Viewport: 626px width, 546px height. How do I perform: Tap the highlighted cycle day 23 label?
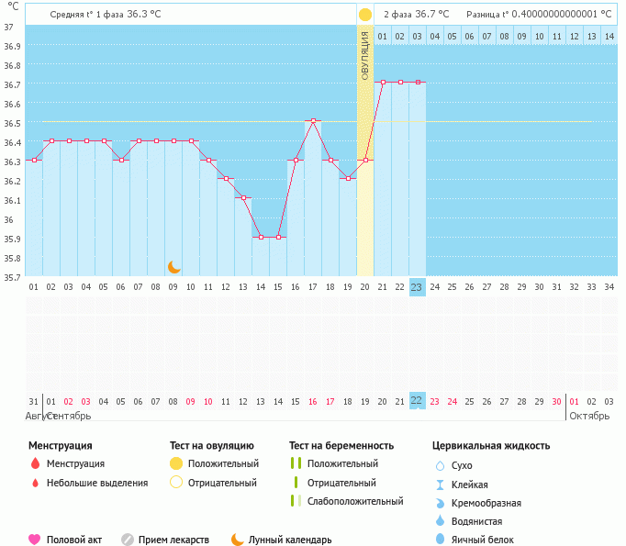tap(417, 287)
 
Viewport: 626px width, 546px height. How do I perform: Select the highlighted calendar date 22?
tap(417, 401)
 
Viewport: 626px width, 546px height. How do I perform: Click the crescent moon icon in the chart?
tap(174, 267)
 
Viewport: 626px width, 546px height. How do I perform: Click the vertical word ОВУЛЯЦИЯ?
tap(364, 55)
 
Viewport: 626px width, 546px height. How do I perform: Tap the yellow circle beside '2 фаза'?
tap(365, 15)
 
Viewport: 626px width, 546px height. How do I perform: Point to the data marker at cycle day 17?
tap(313, 121)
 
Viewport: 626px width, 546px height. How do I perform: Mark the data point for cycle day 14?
tap(261, 237)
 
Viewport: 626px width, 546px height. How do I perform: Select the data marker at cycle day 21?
tap(383, 83)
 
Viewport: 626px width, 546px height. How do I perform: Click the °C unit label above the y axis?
tap(13, 6)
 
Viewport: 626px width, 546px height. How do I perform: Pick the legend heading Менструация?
tap(60, 446)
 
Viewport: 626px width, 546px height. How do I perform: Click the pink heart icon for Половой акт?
tap(35, 540)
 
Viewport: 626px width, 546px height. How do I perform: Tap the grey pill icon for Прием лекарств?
tap(128, 540)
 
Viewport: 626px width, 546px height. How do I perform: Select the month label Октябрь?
tap(589, 416)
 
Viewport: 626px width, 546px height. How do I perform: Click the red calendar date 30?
tap(556, 401)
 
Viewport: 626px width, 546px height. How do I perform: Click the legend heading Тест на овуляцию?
tap(214, 446)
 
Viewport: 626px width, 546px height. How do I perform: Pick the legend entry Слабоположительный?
tap(355, 501)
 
